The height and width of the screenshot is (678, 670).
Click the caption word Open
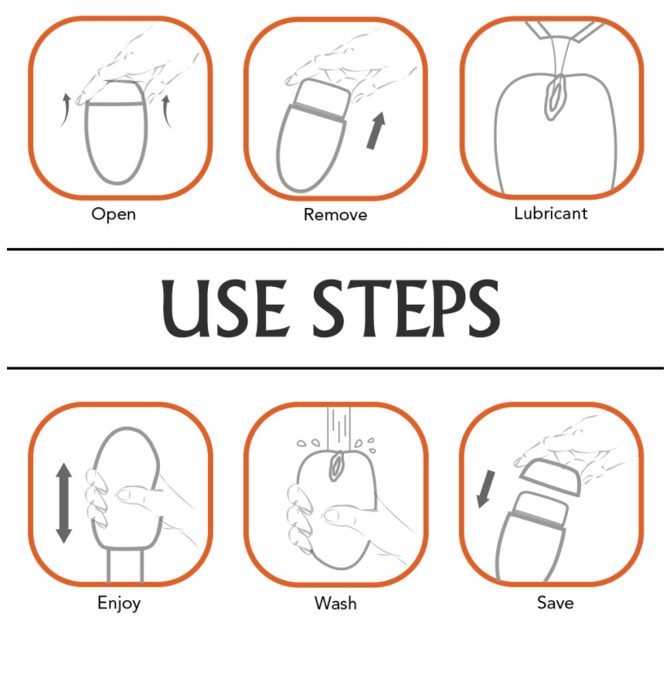click(114, 214)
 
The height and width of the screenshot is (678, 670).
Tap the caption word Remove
click(335, 214)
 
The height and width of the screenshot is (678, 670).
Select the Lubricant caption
click(551, 213)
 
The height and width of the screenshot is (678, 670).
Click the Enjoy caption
click(119, 603)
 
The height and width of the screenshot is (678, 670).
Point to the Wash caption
click(335, 603)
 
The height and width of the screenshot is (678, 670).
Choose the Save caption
click(556, 602)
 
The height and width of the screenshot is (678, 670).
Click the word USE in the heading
click(224, 308)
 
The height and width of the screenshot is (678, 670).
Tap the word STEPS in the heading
click(406, 308)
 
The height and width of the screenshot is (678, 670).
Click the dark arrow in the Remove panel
click(376, 131)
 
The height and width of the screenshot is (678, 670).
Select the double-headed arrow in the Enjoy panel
click(64, 503)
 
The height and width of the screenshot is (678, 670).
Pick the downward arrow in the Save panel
click(485, 489)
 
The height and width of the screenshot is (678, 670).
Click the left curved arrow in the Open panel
click(65, 110)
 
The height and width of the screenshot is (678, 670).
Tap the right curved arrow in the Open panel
click(167, 112)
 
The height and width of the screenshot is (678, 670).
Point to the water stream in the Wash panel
click(338, 429)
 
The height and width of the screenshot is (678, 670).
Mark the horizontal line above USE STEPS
click(335, 249)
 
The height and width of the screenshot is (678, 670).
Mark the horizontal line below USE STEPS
click(335, 369)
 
